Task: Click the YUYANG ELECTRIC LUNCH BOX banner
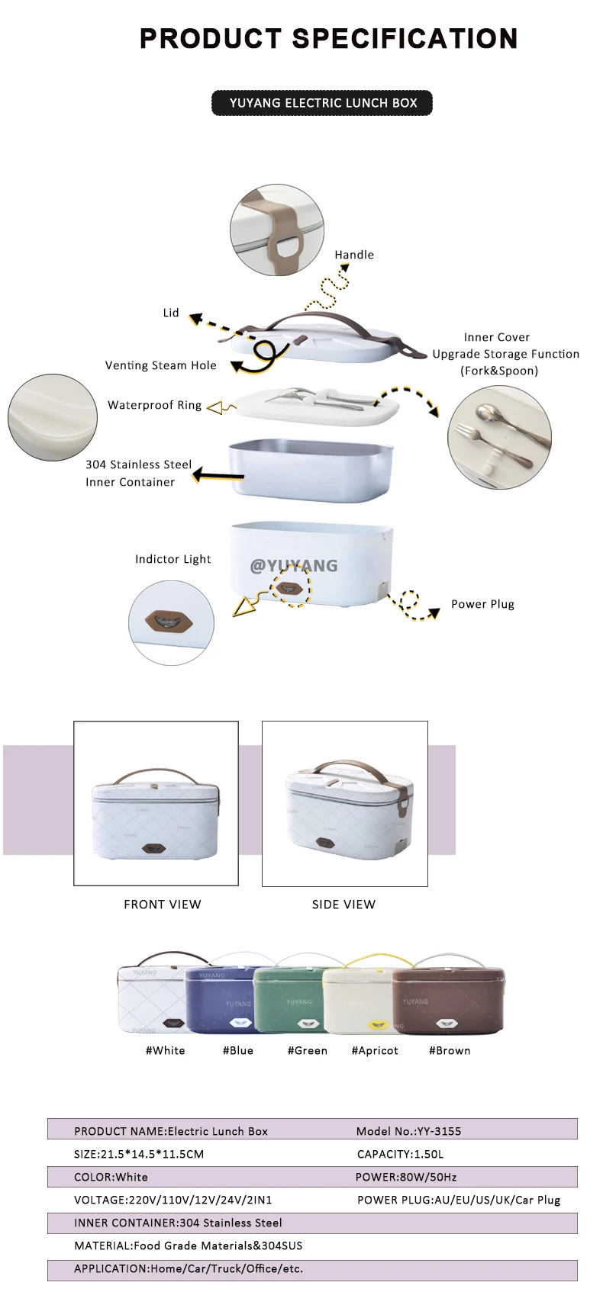point(322,103)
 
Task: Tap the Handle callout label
point(354,255)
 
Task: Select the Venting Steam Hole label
point(161,365)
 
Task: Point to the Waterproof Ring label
point(154,405)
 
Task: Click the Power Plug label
point(482,604)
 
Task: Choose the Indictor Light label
point(173,559)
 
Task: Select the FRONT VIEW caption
point(163,905)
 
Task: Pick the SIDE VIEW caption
point(343,905)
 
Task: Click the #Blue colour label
point(238,1050)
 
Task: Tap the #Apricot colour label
point(375,1050)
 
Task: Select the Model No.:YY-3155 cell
point(408,1131)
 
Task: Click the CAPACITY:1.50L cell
point(400,1154)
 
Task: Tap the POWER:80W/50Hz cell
point(406,1177)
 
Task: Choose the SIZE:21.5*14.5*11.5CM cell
point(139,1154)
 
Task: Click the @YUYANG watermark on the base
point(294,565)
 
